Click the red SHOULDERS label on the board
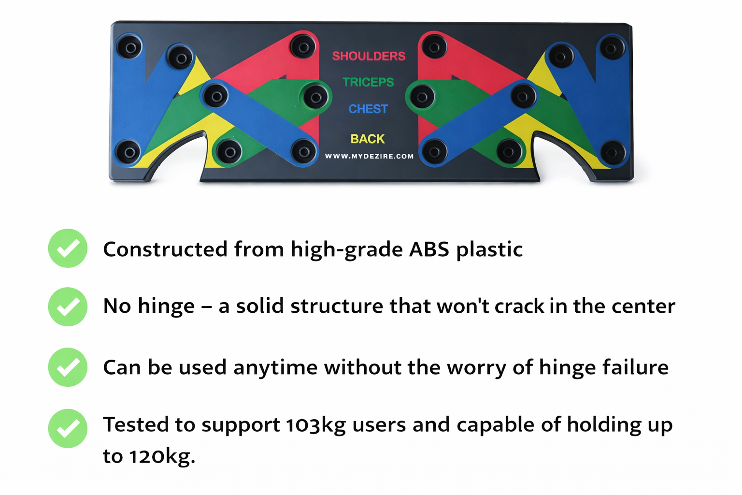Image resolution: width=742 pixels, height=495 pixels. [x=369, y=56]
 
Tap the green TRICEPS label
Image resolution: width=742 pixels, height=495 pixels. [x=368, y=82]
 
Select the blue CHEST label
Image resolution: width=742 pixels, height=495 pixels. [x=368, y=109]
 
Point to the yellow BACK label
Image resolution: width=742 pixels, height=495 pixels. [x=368, y=139]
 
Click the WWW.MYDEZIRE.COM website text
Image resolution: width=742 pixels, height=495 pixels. [x=369, y=156]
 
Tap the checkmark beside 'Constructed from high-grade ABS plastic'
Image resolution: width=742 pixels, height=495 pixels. [x=68, y=248]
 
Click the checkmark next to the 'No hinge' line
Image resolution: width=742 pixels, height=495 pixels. [x=68, y=306]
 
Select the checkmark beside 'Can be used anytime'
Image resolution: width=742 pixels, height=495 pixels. [x=68, y=367]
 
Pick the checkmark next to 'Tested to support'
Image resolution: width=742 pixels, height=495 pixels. [x=68, y=428]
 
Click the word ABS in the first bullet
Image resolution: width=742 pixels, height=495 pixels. [x=429, y=249]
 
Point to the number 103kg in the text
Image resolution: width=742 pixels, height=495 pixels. [x=315, y=425]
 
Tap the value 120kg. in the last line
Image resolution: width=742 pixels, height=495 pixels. [x=162, y=456]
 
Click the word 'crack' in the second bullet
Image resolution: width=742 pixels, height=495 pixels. [x=519, y=306]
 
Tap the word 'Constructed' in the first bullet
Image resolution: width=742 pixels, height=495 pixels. [x=165, y=249]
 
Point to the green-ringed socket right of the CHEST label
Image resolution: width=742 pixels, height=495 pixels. [x=422, y=97]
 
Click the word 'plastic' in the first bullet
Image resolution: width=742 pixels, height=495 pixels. [x=489, y=249]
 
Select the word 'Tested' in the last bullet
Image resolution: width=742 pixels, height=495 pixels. [x=136, y=425]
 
